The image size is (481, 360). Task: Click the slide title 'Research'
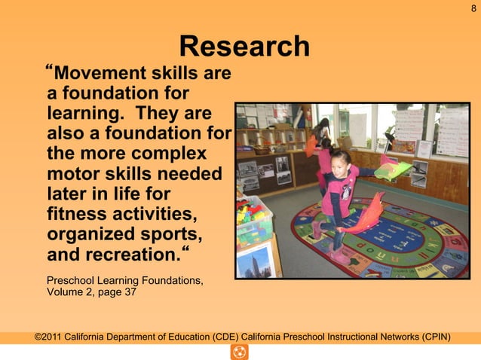click(x=244, y=47)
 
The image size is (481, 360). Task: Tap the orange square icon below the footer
click(x=240, y=352)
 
